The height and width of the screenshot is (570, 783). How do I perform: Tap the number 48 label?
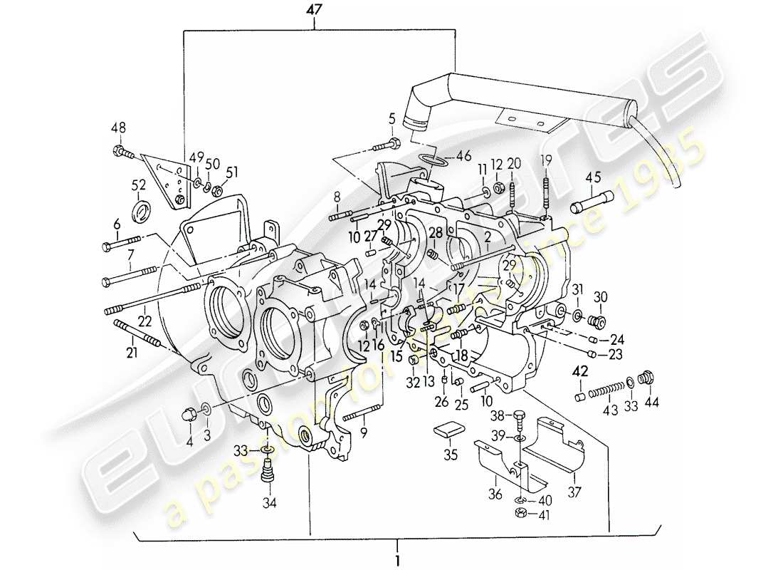point(118,129)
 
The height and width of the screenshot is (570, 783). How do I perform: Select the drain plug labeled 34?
point(269,471)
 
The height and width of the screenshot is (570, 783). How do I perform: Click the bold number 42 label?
point(581,371)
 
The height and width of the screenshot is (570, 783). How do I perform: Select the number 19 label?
point(546,161)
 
